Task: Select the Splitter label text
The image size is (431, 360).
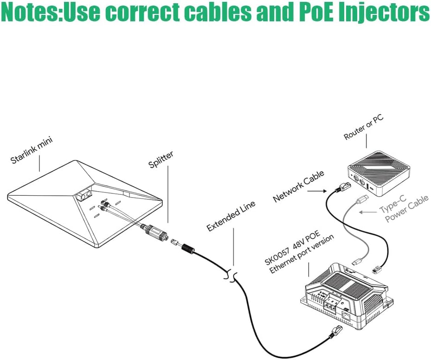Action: pos(161,160)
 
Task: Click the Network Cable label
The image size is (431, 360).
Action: pos(298,186)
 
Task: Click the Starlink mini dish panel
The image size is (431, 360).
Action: pos(84,204)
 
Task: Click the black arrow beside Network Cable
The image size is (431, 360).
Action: pos(322,190)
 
